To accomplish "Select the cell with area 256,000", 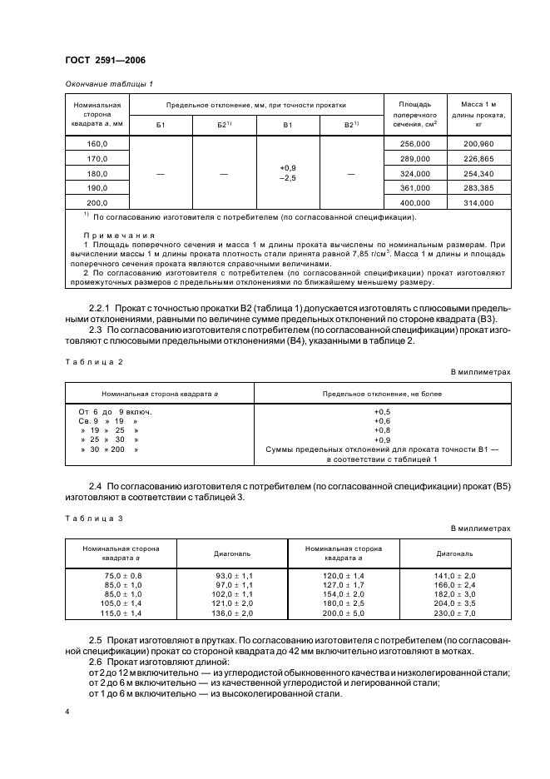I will [415, 143].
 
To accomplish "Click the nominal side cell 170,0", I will [97, 158].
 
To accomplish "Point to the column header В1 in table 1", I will [288, 124].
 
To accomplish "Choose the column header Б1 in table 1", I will [161, 124].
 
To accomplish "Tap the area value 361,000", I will [415, 188].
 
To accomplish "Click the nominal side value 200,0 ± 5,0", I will [343, 613].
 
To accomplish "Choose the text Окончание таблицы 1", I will [108, 83].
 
